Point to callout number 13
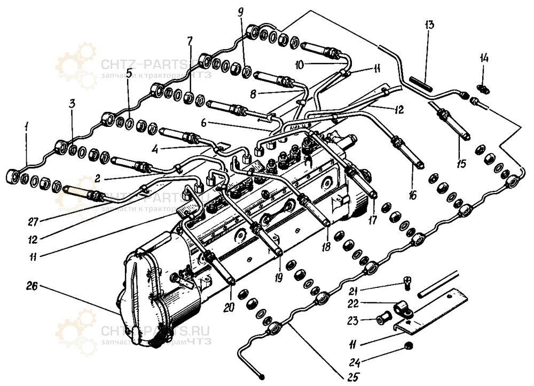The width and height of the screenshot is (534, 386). pos(430,26)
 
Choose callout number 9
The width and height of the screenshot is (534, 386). pos(241,11)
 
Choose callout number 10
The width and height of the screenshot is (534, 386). pos(299,63)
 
